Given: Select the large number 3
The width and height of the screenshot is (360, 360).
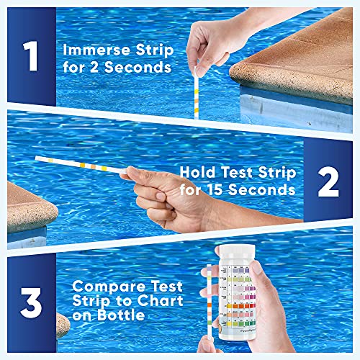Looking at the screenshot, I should pos(30,302).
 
